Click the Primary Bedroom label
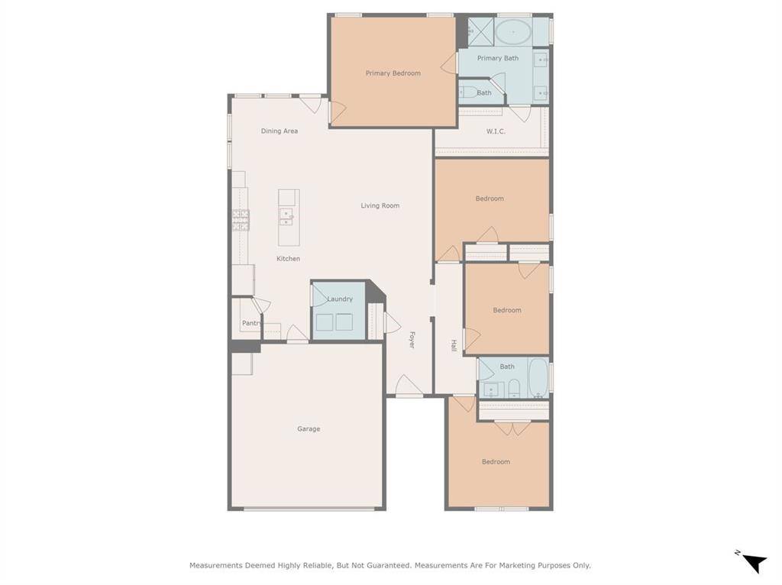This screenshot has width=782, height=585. coord(393,73)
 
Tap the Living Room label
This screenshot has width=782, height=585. coord(380,205)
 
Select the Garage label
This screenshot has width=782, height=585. coord(309,429)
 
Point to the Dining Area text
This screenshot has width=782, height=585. coord(280,131)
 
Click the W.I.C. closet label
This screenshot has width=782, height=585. coord(496,131)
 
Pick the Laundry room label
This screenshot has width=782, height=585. coord(340,299)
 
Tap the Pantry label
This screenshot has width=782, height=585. coord(251,323)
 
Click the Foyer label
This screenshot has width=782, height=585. coord(412,340)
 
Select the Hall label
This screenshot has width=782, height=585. coord(454,345)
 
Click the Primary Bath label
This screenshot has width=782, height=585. coord(498,58)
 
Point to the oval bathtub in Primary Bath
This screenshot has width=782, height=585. coord(513,32)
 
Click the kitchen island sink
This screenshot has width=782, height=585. coord(286,217)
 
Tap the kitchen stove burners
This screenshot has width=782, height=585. coord(241,220)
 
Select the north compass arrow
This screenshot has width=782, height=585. coord(755,563)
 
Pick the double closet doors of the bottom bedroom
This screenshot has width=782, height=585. coord(512,428)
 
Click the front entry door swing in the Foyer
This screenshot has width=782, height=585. coord(409,385)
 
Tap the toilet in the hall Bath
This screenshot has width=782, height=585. coord(514,389)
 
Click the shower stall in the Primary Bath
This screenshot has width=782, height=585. coord(481,32)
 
